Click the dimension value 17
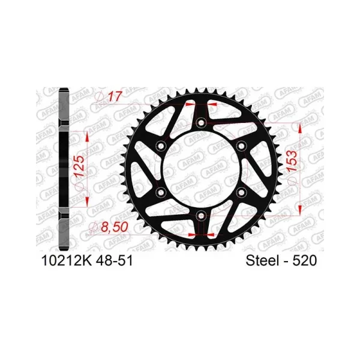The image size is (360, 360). click(x=114, y=97)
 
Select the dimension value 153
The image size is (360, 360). click(x=293, y=160)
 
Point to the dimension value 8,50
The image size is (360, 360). click(x=115, y=227)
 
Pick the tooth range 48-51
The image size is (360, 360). click(x=115, y=261)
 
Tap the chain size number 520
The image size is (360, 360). click(x=304, y=261)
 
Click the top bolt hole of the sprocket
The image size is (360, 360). click(x=201, y=122)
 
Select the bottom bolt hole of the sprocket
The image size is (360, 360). click(x=201, y=215)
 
